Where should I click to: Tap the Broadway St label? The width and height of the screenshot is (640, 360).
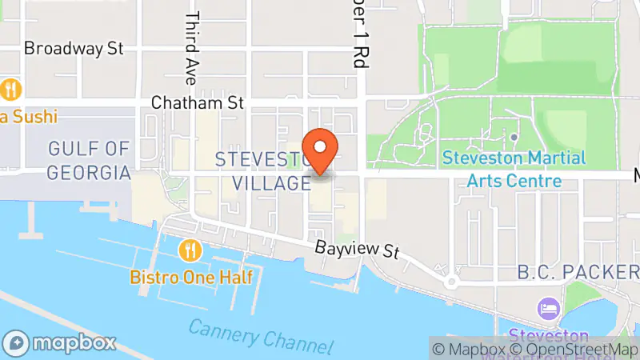click(74, 49)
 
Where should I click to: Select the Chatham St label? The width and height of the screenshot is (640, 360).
click(197, 102)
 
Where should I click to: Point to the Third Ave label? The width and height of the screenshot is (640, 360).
click(191, 48)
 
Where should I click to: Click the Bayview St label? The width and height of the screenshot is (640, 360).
click(356, 250)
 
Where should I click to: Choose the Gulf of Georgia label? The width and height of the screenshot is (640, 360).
click(89, 160)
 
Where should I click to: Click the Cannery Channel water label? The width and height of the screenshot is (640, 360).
click(261, 335)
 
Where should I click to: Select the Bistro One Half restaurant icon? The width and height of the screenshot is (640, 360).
click(190, 251)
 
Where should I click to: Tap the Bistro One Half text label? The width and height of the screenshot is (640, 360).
click(192, 278)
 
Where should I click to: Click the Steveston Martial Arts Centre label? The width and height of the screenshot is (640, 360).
click(514, 170)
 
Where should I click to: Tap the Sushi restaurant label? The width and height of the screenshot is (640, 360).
click(29, 117)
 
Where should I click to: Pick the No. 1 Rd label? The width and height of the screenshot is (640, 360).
click(356, 36)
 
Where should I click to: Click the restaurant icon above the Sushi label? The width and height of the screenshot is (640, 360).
click(10, 87)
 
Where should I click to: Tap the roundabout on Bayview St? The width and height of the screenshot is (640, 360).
click(451, 281)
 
